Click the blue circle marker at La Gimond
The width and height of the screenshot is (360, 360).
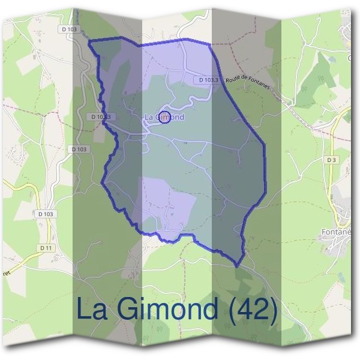click(x=166, y=116)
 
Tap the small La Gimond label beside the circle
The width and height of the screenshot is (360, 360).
click(x=164, y=118)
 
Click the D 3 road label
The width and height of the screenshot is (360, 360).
click(x=331, y=160)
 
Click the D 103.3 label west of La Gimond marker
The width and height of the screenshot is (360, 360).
click(x=99, y=116)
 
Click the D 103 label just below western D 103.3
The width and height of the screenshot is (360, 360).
click(x=80, y=149)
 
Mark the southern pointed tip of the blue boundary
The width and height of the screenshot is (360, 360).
click(x=237, y=266)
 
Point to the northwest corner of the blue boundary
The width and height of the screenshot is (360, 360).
click(x=90, y=41)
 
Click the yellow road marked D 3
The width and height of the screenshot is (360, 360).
click(x=333, y=180)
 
